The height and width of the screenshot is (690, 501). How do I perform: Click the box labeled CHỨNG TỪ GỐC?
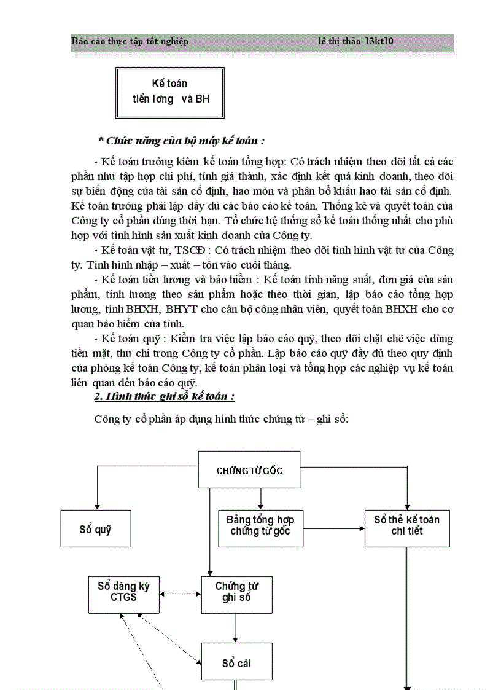tap(249, 470)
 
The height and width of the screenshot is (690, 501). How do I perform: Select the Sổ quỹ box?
tap(96, 529)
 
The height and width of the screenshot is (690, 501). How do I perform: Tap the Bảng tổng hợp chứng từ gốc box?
tap(260, 527)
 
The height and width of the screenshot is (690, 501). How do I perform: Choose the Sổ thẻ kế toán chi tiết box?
tap(406, 527)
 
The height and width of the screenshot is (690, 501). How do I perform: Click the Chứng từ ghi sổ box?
tap(236, 594)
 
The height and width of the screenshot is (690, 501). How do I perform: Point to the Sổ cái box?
tap(236, 662)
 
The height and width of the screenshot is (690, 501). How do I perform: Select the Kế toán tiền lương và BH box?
tap(169, 92)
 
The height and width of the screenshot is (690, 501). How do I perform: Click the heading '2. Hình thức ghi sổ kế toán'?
tap(164, 396)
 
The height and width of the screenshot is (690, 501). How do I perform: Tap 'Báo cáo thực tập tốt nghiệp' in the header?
tap(130, 42)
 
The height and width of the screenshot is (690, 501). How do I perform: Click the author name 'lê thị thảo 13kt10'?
tap(355, 42)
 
